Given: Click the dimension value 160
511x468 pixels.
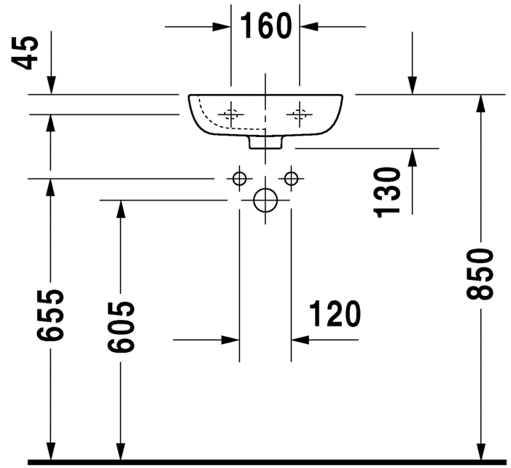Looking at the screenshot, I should (265, 27).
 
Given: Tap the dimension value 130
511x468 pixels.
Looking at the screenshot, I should (389, 191).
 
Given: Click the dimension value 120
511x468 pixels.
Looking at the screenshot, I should (335, 315).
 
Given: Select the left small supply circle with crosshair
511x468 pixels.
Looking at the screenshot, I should (239, 178).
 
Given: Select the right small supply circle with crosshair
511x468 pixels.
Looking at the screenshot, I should (292, 178).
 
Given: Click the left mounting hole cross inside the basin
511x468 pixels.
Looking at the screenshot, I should (232, 114).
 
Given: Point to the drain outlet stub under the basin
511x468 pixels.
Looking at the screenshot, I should (265, 143).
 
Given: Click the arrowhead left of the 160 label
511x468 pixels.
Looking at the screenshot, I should (222, 27).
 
